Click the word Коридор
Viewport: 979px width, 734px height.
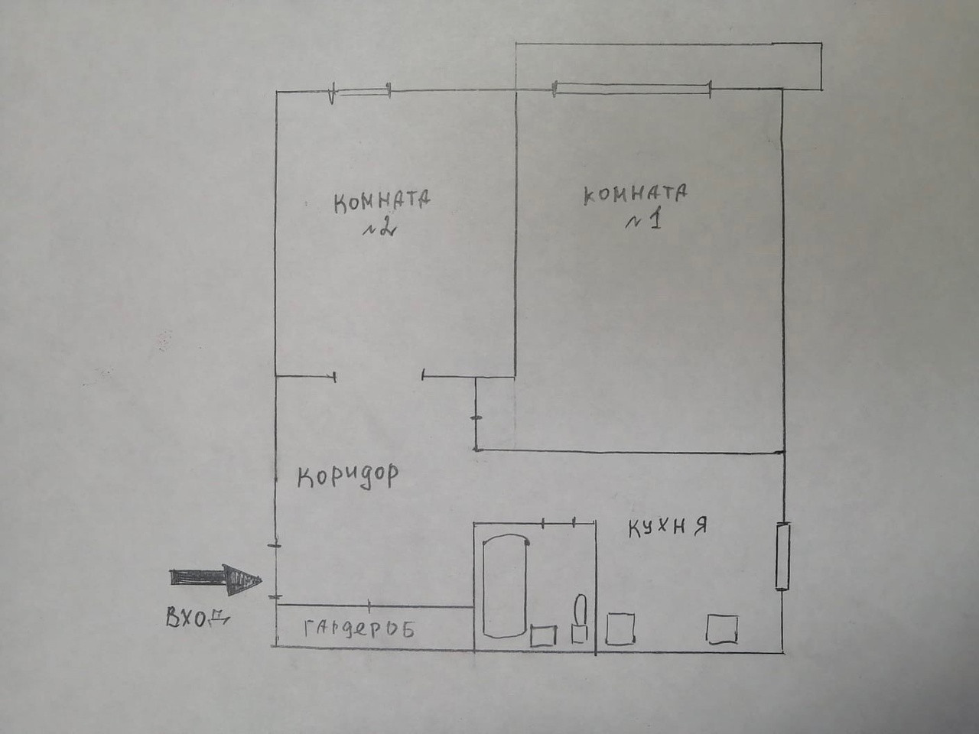click(x=348, y=476)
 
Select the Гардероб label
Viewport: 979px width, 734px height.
click(x=359, y=629)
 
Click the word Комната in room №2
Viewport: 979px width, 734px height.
click(x=382, y=202)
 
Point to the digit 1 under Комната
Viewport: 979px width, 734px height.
click(x=655, y=221)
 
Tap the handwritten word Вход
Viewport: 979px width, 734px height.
click(x=196, y=619)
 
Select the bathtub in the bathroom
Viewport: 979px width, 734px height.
click(x=505, y=585)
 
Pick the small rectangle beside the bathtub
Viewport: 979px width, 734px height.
click(x=544, y=635)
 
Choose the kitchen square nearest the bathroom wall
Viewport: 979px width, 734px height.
click(x=620, y=628)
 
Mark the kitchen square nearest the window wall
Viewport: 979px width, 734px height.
click(x=722, y=629)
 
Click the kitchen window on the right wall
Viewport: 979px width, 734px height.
click(x=782, y=556)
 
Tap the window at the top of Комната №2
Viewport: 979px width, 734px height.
click(x=361, y=93)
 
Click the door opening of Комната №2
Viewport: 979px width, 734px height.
click(x=379, y=375)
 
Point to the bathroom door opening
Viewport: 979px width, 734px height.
click(x=558, y=523)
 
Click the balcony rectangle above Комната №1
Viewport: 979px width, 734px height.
click(x=668, y=64)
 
